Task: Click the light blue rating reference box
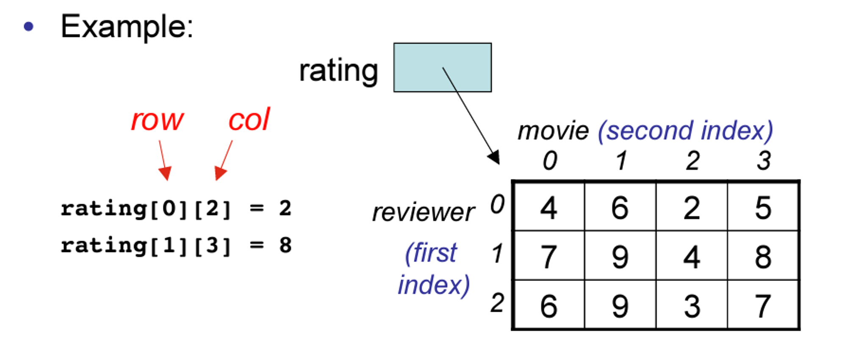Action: click(x=443, y=67)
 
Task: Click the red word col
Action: click(x=249, y=119)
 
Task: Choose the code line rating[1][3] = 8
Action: click(x=176, y=246)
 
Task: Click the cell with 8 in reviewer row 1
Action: click(x=763, y=255)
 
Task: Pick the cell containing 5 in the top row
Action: click(x=763, y=207)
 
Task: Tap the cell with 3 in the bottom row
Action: click(x=692, y=304)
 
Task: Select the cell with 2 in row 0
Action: click(x=692, y=207)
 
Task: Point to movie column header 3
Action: click(x=764, y=161)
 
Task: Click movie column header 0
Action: click(x=550, y=161)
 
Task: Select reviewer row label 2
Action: click(x=498, y=303)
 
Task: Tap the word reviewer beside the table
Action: click(x=423, y=212)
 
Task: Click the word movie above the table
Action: click(x=553, y=130)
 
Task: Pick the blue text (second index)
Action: click(x=685, y=130)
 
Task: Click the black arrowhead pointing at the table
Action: click(x=494, y=158)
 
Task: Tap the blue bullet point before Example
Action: click(x=29, y=27)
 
